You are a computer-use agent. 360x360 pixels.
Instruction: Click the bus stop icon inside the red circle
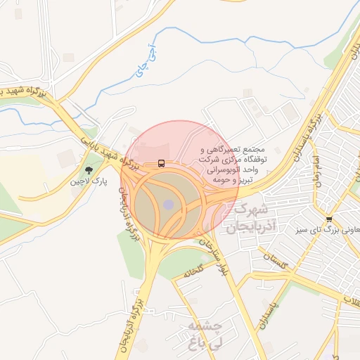pos(162,164)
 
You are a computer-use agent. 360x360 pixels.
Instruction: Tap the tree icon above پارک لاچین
pos(89,169)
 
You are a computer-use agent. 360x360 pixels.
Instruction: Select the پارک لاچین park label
pos(89,181)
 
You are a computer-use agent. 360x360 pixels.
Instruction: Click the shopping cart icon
pos(329,219)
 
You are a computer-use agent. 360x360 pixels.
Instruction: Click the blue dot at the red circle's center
pos(168,204)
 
